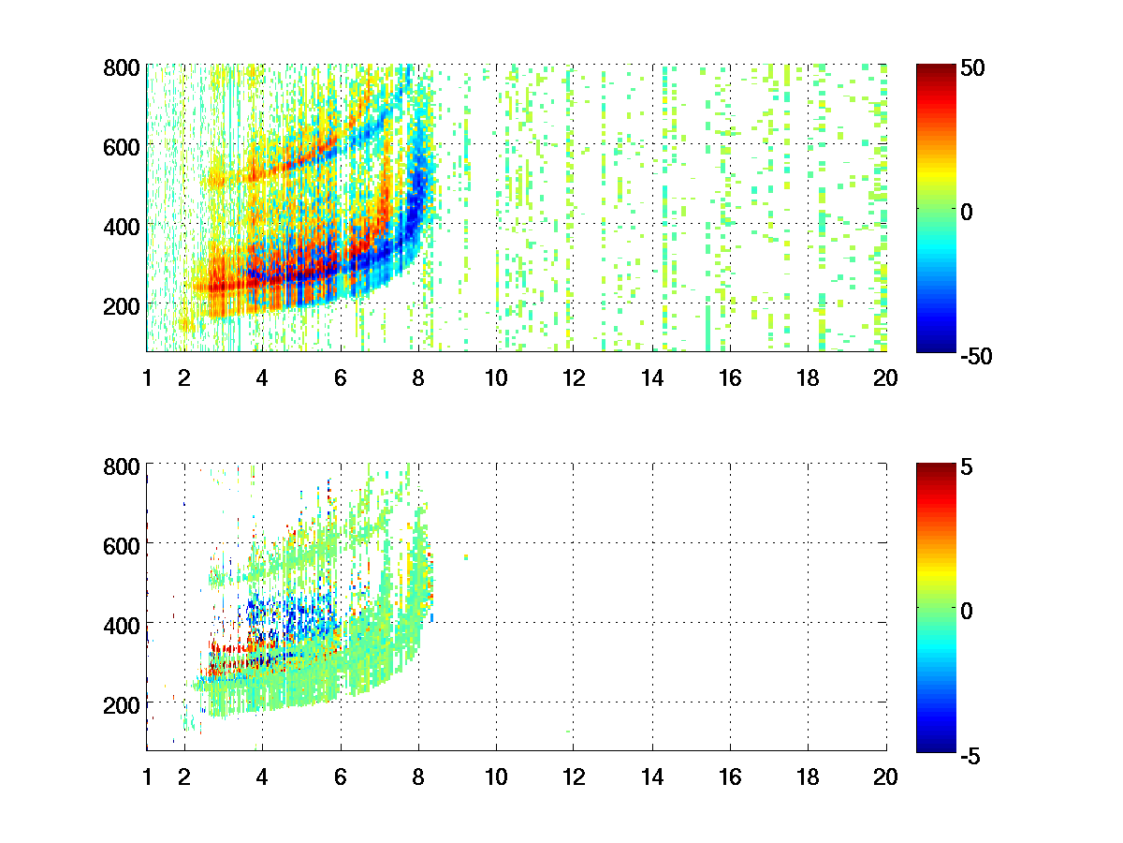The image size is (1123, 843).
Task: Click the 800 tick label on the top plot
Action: (122, 67)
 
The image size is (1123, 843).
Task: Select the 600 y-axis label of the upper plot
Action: (122, 146)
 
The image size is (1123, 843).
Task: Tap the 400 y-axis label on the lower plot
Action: (122, 623)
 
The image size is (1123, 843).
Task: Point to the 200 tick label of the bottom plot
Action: (122, 702)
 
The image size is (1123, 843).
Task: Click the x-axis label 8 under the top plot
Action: (417, 378)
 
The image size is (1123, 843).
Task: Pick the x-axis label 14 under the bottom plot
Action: (651, 776)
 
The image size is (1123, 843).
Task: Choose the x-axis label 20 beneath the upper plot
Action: (885, 378)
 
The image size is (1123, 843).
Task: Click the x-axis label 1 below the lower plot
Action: (147, 776)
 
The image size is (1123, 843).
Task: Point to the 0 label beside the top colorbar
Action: (968, 212)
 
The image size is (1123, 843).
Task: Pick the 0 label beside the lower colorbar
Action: (968, 610)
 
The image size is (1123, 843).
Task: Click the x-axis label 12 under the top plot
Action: (573, 378)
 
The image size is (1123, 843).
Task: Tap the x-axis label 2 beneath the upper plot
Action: (183, 378)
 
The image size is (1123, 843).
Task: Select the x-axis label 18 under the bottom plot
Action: (807, 776)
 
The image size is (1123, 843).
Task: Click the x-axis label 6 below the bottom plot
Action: (340, 776)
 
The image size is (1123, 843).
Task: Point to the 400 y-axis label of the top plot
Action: (122, 226)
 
